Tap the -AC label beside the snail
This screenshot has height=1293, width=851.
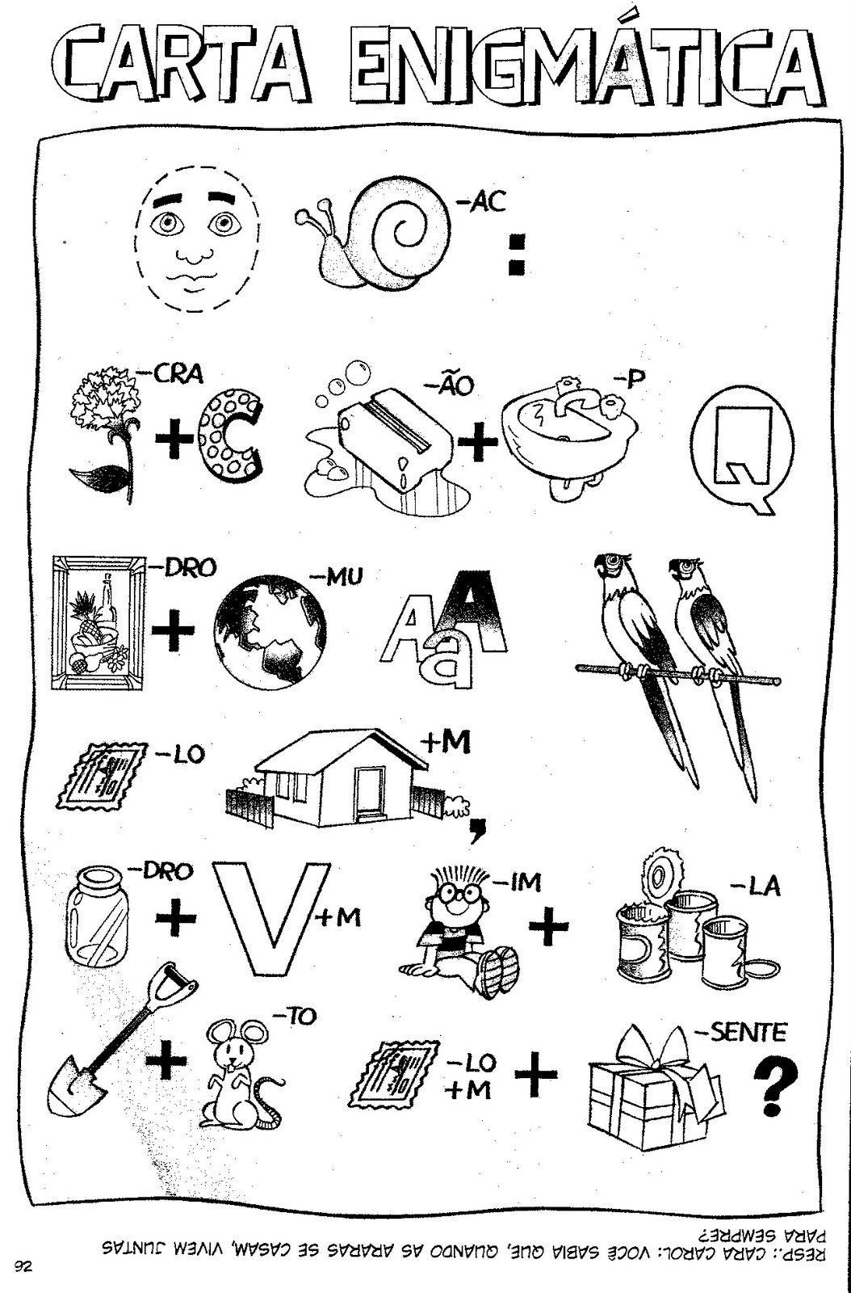[481, 202]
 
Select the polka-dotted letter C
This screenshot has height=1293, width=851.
[229, 433]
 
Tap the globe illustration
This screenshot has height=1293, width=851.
[269, 630]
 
